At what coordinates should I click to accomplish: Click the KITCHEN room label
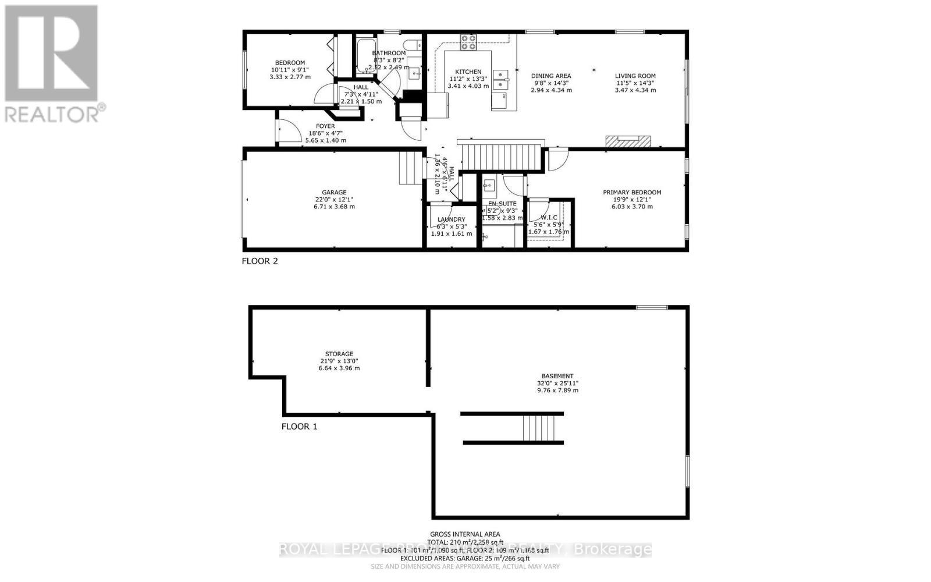pyautogui.click(x=468, y=72)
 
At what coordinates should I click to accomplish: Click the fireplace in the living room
pyautogui.click(x=628, y=141)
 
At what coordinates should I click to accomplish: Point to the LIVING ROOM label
pyautogui.click(x=635, y=76)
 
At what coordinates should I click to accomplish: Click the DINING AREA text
pyautogui.click(x=550, y=76)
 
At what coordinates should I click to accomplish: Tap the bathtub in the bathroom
pyautogui.click(x=365, y=55)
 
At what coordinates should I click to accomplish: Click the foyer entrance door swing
pyautogui.click(x=288, y=132)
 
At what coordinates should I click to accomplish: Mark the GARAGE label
pyautogui.click(x=334, y=192)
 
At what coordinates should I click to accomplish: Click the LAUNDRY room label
pyautogui.click(x=451, y=219)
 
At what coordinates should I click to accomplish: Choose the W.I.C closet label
pyautogui.click(x=549, y=217)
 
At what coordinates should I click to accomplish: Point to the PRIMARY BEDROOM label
pyautogui.click(x=632, y=192)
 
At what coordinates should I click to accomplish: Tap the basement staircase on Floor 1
pyautogui.click(x=542, y=428)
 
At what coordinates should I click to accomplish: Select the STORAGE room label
pyautogui.click(x=339, y=354)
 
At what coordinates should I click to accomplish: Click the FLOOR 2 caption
pyautogui.click(x=260, y=261)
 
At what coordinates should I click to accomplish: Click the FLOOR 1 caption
pyautogui.click(x=299, y=426)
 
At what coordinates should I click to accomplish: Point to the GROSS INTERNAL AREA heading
pyautogui.click(x=464, y=534)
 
